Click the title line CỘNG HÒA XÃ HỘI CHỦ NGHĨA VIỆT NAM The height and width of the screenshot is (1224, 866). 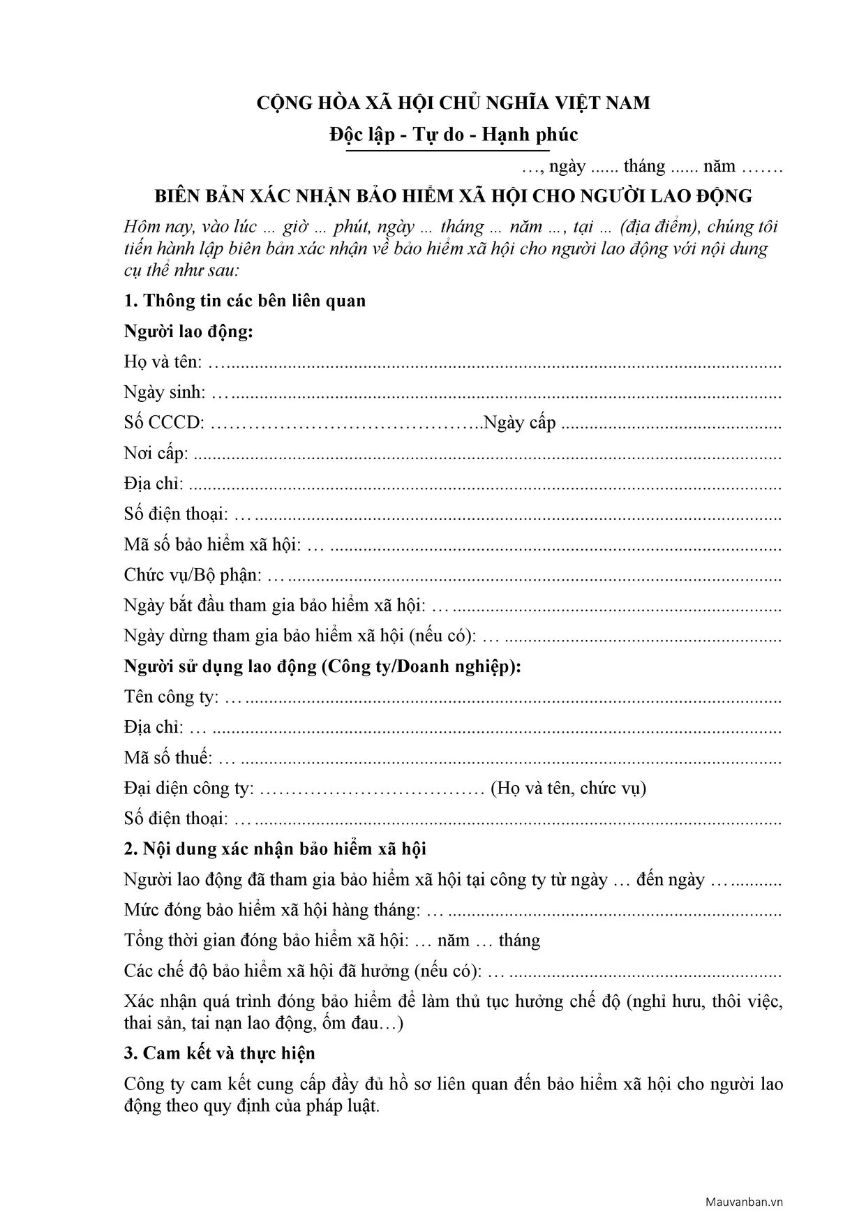(x=454, y=103)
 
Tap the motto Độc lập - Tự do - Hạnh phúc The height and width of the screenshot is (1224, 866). (x=454, y=134)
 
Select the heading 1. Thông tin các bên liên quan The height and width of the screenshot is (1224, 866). (x=245, y=301)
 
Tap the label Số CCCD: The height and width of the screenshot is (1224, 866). (x=164, y=423)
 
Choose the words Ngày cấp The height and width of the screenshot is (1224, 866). (x=520, y=423)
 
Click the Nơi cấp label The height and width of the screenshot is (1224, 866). (x=156, y=454)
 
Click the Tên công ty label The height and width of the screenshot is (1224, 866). (x=172, y=696)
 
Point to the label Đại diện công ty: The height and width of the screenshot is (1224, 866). (x=189, y=788)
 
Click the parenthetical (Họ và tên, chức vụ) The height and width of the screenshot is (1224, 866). (x=568, y=788)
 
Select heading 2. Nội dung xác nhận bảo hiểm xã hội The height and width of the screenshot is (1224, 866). (x=275, y=849)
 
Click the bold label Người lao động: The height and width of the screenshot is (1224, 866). (x=188, y=331)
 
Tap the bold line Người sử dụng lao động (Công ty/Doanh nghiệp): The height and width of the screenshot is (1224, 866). (x=322, y=666)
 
